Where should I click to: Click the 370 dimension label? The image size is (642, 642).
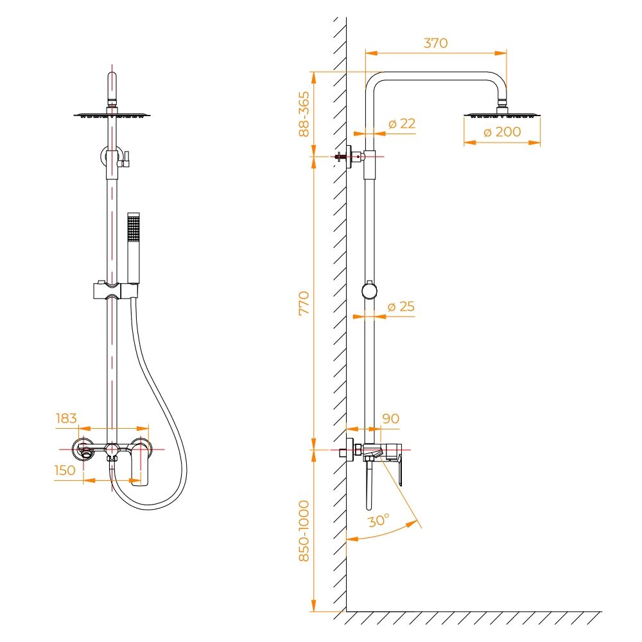[x=436, y=43]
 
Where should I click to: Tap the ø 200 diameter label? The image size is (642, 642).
[x=502, y=132]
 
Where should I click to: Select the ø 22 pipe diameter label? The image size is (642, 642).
[x=402, y=123]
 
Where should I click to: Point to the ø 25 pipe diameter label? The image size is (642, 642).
[x=401, y=306]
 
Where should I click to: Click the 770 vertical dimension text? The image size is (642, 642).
[x=304, y=303]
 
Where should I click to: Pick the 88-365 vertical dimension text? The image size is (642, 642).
[x=304, y=114]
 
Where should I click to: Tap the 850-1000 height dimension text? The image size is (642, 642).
[x=304, y=531]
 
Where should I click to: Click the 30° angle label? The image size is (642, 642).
[x=379, y=521]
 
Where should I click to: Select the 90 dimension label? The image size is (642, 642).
[x=390, y=419]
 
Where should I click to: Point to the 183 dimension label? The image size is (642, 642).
[x=66, y=419]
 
